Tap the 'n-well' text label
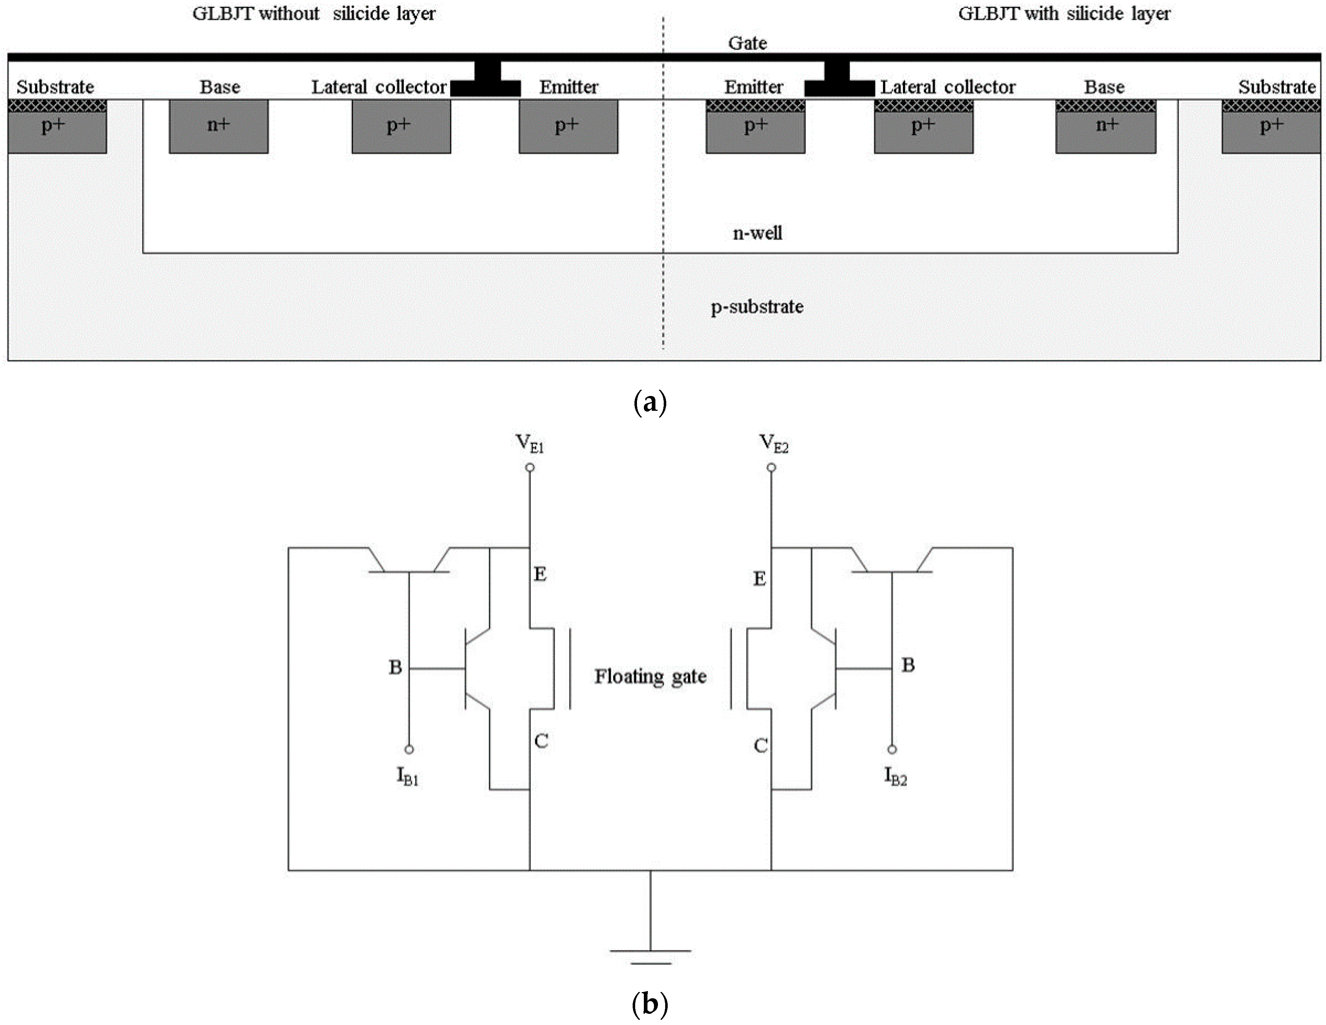click(757, 233)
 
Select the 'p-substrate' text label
click(757, 307)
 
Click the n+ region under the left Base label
click(219, 126)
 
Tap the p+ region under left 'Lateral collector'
click(401, 126)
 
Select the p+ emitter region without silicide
click(568, 126)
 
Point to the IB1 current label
click(408, 776)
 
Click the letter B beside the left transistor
click(395, 667)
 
